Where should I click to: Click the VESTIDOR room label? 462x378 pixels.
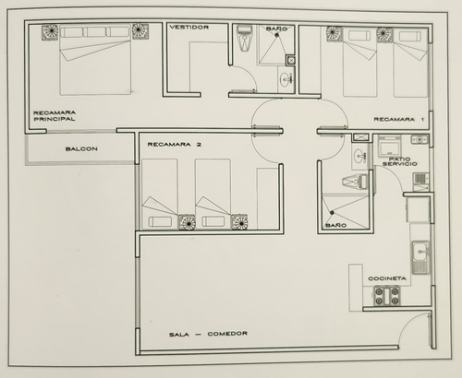point(189,28)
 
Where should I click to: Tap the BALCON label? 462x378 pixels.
point(81,149)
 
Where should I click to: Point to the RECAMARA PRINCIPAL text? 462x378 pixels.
point(55,116)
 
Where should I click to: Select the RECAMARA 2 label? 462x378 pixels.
point(175,145)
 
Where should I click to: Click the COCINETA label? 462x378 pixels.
point(387,278)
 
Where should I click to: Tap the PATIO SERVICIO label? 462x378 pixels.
point(400,161)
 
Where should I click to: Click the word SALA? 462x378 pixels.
point(179,335)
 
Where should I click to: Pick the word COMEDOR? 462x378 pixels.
point(227,334)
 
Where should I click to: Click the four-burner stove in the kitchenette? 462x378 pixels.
point(387,296)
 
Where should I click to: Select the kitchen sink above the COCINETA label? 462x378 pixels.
point(420,257)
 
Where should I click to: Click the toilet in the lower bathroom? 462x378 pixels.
point(355,181)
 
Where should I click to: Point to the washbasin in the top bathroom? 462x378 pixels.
point(286,78)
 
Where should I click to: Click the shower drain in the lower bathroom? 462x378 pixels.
point(332,212)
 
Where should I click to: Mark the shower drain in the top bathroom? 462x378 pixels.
point(276,35)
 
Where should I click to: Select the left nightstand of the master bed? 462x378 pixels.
point(50,32)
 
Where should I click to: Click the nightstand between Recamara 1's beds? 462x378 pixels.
point(384,34)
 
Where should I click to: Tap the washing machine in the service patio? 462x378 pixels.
point(390,147)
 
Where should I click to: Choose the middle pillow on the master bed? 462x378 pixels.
point(94,32)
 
